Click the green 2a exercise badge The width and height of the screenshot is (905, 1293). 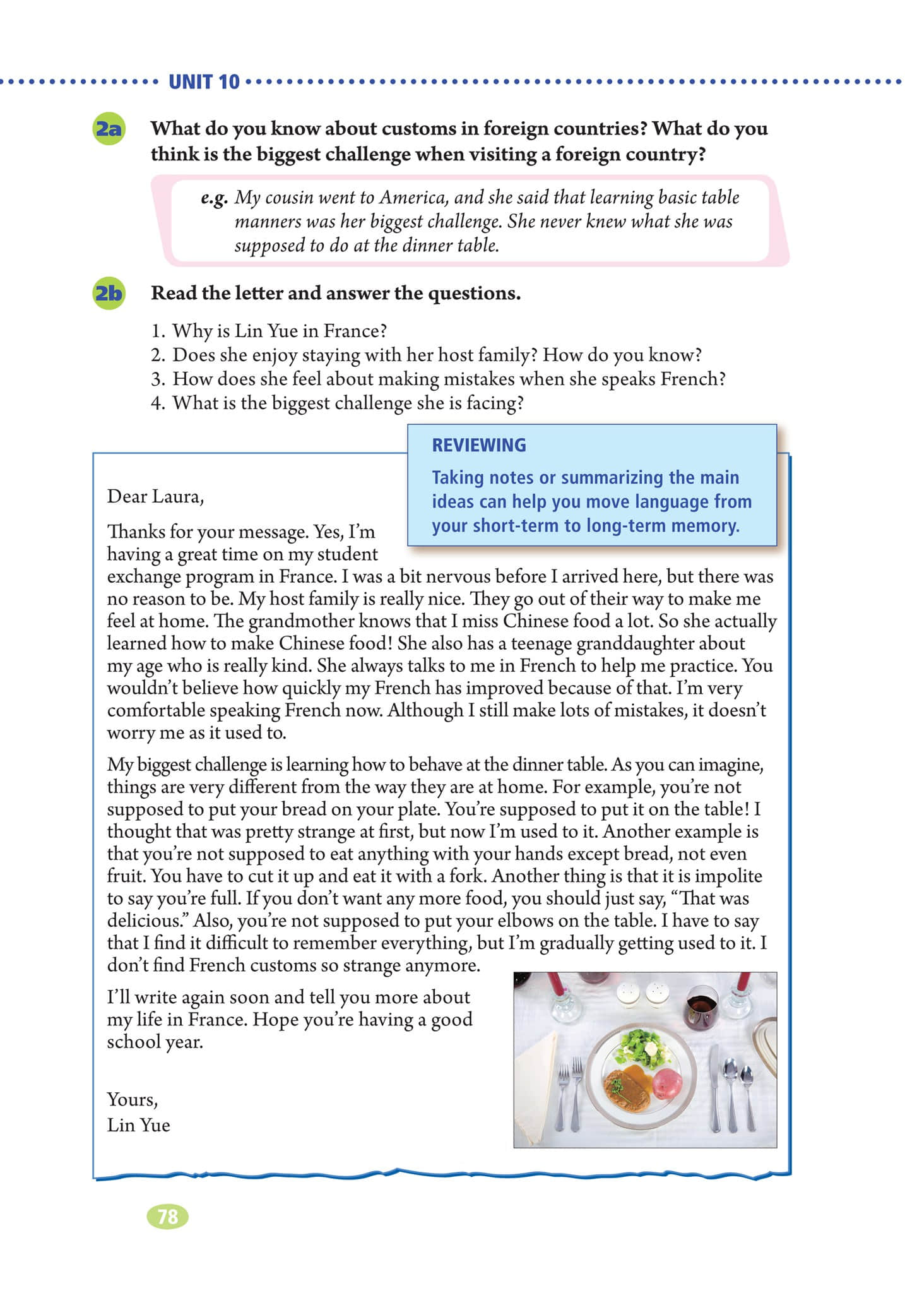click(x=108, y=129)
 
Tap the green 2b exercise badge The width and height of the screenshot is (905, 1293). click(x=108, y=294)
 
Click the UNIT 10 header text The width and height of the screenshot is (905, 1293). click(x=204, y=81)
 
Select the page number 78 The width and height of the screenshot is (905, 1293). click(x=167, y=1216)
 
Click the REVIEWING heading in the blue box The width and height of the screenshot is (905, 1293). click(x=478, y=445)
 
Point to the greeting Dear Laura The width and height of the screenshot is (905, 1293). click(x=155, y=496)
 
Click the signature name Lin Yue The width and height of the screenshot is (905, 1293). click(x=138, y=1125)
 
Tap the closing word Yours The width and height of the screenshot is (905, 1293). click(x=132, y=1099)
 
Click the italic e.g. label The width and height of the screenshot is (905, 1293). click(x=214, y=198)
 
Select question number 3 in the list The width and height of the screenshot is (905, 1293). click(x=158, y=379)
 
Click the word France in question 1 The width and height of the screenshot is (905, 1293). click(x=355, y=330)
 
